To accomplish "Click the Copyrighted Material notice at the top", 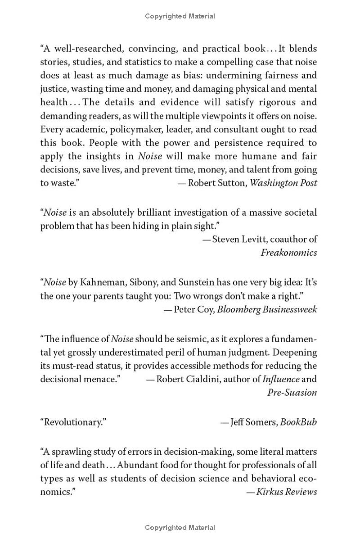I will pyautogui.click(x=180, y=16).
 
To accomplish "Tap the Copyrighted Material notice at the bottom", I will pyautogui.click(x=180, y=527).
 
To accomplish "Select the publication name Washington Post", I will pyautogui.click(x=283, y=183).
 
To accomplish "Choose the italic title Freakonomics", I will pyautogui.click(x=289, y=252).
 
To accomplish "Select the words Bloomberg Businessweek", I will pyautogui.click(x=267, y=309).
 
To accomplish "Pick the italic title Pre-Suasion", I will pyautogui.click(x=292, y=392).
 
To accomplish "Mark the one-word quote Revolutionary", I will pyautogui.click(x=73, y=422).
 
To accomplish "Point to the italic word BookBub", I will pyautogui.click(x=298, y=422).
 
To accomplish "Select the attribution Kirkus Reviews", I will pyautogui.click(x=287, y=492).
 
